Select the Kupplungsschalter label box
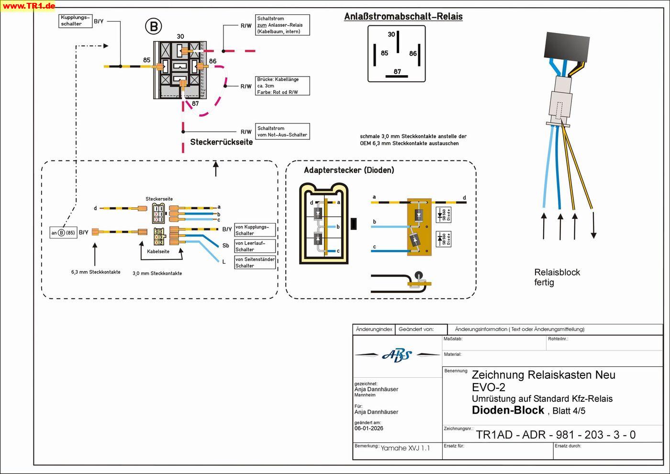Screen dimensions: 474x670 75,21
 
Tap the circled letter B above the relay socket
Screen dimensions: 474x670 154,26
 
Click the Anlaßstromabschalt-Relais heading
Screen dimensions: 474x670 403,17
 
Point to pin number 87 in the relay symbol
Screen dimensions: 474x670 397,72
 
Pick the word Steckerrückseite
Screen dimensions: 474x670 221,142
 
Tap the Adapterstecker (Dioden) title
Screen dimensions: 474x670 349,170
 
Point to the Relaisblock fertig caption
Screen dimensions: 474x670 557,277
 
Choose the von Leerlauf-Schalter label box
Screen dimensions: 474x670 255,246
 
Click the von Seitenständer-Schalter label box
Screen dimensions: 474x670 255,262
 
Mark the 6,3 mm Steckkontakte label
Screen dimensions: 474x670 96,272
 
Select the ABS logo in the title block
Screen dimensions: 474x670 397,355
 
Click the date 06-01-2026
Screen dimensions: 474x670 369,429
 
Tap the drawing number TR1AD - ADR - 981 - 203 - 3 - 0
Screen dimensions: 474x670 556,435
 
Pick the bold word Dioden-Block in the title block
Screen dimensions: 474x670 508,410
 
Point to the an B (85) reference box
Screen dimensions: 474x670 63,233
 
